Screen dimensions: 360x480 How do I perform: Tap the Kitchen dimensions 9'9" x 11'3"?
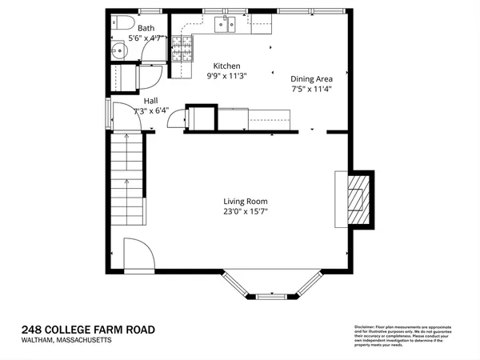tap(226, 76)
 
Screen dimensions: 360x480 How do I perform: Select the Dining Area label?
tap(311, 78)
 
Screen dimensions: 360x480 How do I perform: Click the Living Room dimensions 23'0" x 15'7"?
tap(246, 212)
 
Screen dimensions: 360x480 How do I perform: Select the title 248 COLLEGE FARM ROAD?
tap(88, 330)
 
